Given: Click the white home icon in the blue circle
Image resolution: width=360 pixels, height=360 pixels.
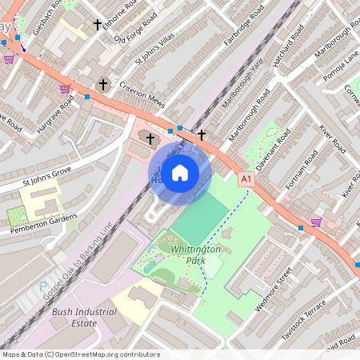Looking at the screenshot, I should (x=180, y=171).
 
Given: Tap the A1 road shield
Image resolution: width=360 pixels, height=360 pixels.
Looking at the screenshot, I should (x=246, y=181).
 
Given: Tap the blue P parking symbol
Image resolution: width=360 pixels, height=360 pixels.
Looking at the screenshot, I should (x=43, y=286).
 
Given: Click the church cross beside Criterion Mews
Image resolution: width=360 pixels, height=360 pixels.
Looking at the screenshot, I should (x=102, y=84).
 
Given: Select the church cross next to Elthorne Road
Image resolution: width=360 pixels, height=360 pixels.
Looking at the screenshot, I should (x=98, y=26).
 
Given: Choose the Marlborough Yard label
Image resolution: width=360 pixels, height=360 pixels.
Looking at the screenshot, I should (x=245, y=109).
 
